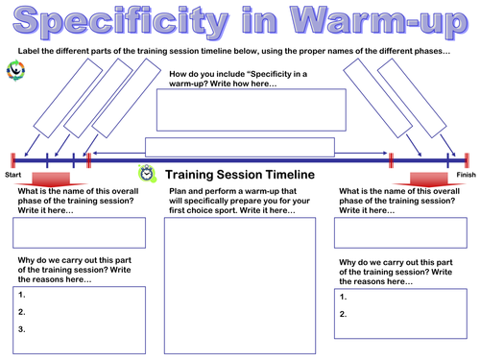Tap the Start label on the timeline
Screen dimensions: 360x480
click(12, 176)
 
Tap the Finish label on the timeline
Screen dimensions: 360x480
click(466, 176)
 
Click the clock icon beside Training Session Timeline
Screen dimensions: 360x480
click(146, 173)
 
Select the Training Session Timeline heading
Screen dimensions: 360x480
click(239, 175)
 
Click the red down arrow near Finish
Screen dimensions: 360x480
click(426, 179)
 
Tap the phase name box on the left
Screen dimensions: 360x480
click(79, 233)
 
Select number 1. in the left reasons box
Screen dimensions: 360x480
click(22, 296)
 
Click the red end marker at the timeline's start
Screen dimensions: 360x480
click(12, 160)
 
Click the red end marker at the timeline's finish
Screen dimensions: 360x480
click(467, 160)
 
